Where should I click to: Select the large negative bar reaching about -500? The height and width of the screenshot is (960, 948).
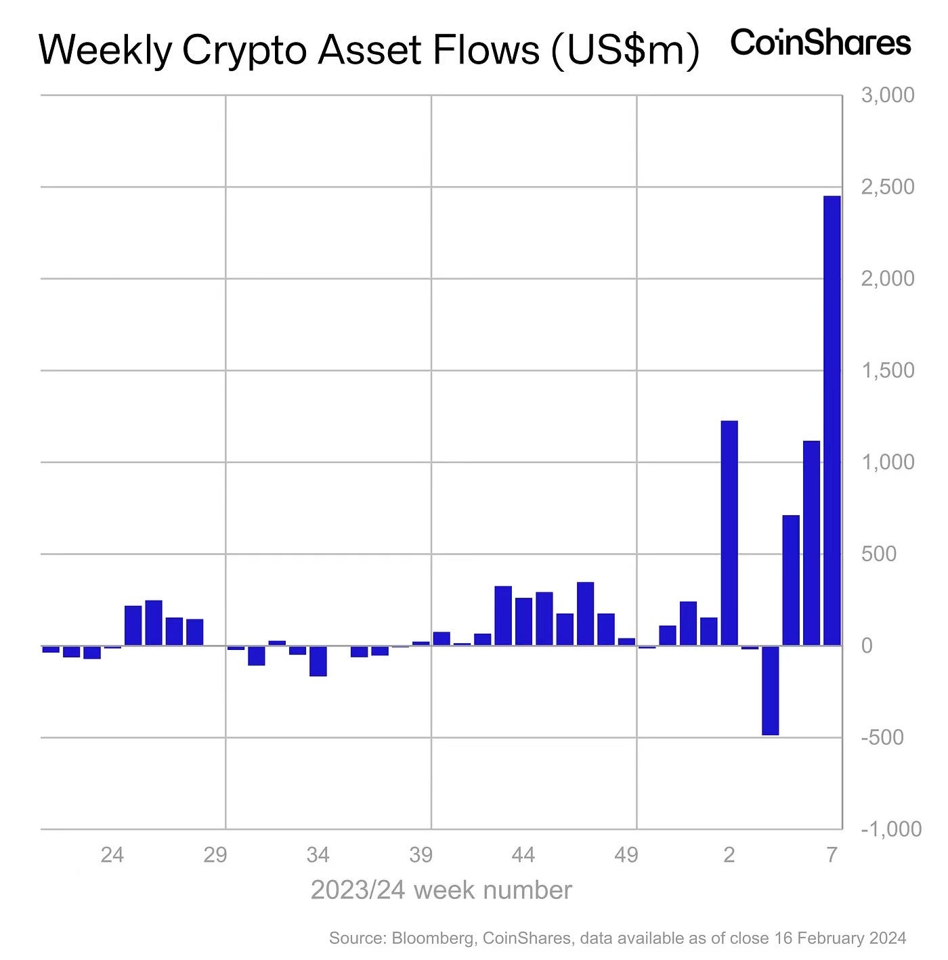coord(770,690)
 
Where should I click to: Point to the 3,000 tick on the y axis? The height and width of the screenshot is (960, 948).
coord(887,95)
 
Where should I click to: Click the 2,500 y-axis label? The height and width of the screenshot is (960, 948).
coord(887,187)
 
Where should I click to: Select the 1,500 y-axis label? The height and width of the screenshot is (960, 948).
coord(887,370)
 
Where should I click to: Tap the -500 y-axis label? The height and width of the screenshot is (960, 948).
coord(882,737)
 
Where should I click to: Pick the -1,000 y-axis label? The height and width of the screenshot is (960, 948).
coord(890,829)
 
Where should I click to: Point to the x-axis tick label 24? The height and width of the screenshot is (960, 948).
coord(112,855)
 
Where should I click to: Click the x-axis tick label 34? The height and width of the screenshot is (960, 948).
coord(318,855)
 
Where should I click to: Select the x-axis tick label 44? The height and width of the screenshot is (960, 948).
coord(523,855)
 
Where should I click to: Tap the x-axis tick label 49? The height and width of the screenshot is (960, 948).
coord(626,855)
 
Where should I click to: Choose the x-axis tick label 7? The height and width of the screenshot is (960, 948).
coord(832,855)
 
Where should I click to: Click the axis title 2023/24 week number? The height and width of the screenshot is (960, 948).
coord(441,890)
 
